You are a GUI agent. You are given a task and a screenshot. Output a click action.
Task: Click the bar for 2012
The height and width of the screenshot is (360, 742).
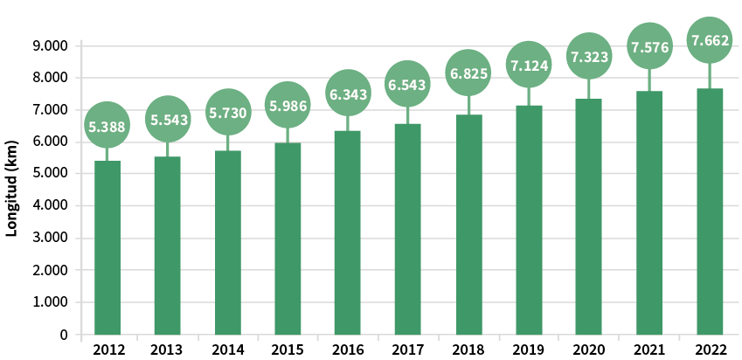[x=107, y=247]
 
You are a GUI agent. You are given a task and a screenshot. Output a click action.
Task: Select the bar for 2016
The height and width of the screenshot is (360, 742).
[x=348, y=232]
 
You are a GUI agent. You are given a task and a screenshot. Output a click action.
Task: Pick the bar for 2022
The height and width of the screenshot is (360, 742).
[x=710, y=211]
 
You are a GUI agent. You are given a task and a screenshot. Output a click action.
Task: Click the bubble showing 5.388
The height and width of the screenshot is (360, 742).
[x=107, y=127]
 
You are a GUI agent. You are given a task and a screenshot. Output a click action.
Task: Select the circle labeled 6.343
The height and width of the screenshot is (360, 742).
[x=348, y=93]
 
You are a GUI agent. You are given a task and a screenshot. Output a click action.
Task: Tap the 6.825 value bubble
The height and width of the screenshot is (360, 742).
[x=468, y=73]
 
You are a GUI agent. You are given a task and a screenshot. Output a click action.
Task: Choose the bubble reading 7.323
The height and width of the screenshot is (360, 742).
[x=588, y=57]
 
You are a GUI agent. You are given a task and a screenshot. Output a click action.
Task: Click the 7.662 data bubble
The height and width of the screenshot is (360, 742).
[x=709, y=40]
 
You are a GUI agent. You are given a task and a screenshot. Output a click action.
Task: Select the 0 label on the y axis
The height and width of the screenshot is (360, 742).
[x=63, y=335]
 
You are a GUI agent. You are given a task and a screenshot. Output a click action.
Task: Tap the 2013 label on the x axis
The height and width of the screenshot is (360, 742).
[x=168, y=350]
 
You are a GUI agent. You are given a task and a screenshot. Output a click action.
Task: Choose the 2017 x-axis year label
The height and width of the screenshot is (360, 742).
[x=408, y=350]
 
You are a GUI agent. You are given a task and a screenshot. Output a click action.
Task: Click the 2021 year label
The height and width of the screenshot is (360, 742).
[x=648, y=350]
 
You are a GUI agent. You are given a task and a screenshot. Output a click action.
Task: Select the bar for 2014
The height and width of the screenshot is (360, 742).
[x=228, y=242]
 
